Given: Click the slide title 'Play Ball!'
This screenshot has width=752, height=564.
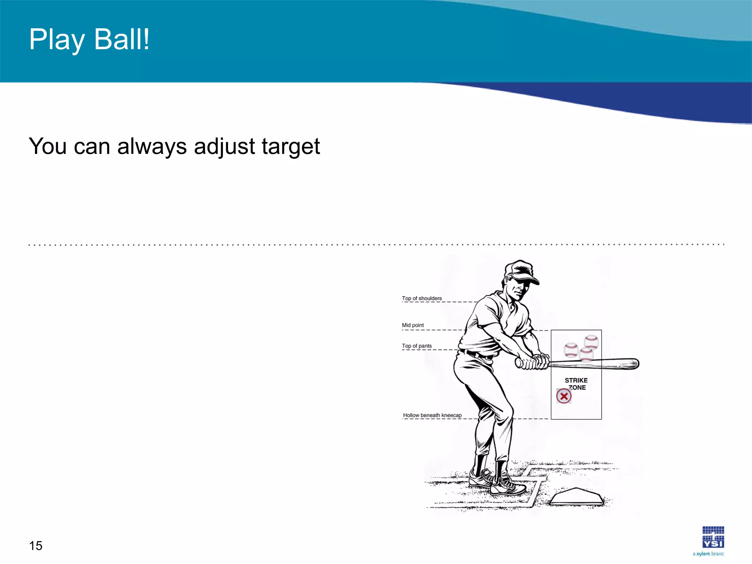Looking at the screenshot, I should pyautogui.click(x=89, y=40).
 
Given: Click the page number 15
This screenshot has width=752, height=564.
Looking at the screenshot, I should pyautogui.click(x=36, y=546).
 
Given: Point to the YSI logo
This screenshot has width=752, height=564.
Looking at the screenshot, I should pyautogui.click(x=713, y=537).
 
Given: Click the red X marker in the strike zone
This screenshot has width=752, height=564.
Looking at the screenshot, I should pyautogui.click(x=564, y=396).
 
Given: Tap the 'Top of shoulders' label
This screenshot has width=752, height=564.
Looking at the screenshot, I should pyautogui.click(x=422, y=299).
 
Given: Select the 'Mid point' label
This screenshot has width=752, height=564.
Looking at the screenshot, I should pyautogui.click(x=413, y=325).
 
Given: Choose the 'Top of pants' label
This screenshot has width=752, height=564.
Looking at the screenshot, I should pyautogui.click(x=417, y=346).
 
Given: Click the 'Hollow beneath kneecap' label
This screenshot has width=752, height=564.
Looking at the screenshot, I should pyautogui.click(x=432, y=415).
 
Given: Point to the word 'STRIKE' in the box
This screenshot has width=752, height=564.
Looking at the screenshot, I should pyautogui.click(x=576, y=380).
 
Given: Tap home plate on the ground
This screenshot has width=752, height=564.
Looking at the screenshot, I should pyautogui.click(x=576, y=497).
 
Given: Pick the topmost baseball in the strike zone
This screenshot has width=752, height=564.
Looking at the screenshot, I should pyautogui.click(x=591, y=341).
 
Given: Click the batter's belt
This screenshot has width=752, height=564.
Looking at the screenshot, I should pyautogui.click(x=477, y=355).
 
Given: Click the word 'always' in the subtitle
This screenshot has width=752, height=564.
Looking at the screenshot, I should pyautogui.click(x=152, y=147).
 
